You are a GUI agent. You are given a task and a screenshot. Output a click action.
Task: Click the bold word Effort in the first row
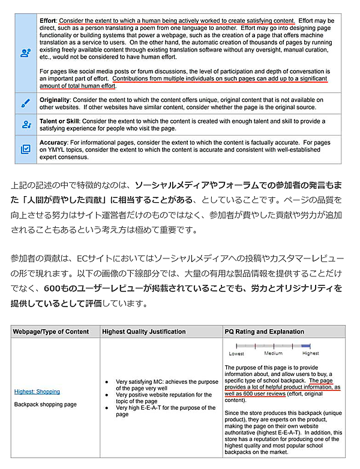[x=49, y=20]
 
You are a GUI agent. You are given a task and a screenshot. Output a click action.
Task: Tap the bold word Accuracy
[x=54, y=143]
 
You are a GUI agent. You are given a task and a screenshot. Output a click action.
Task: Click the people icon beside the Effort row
[x=26, y=53]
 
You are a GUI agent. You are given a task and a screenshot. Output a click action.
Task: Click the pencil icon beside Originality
[x=26, y=103]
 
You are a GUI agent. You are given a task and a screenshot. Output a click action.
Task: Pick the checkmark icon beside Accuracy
[x=26, y=150]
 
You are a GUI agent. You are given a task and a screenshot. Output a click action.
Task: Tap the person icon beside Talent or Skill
[x=26, y=125]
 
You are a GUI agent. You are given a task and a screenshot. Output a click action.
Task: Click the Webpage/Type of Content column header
[x=51, y=332]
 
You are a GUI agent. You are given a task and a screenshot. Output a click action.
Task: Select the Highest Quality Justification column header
[x=143, y=332]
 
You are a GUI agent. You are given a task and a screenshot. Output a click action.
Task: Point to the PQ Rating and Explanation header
[x=264, y=332]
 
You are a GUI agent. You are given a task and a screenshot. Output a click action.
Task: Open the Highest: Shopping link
[x=37, y=392]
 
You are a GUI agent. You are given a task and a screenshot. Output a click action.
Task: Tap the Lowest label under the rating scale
[x=236, y=354]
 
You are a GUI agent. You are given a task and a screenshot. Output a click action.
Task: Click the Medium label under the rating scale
[x=274, y=354]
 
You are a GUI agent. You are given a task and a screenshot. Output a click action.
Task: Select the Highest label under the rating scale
[x=310, y=354]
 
